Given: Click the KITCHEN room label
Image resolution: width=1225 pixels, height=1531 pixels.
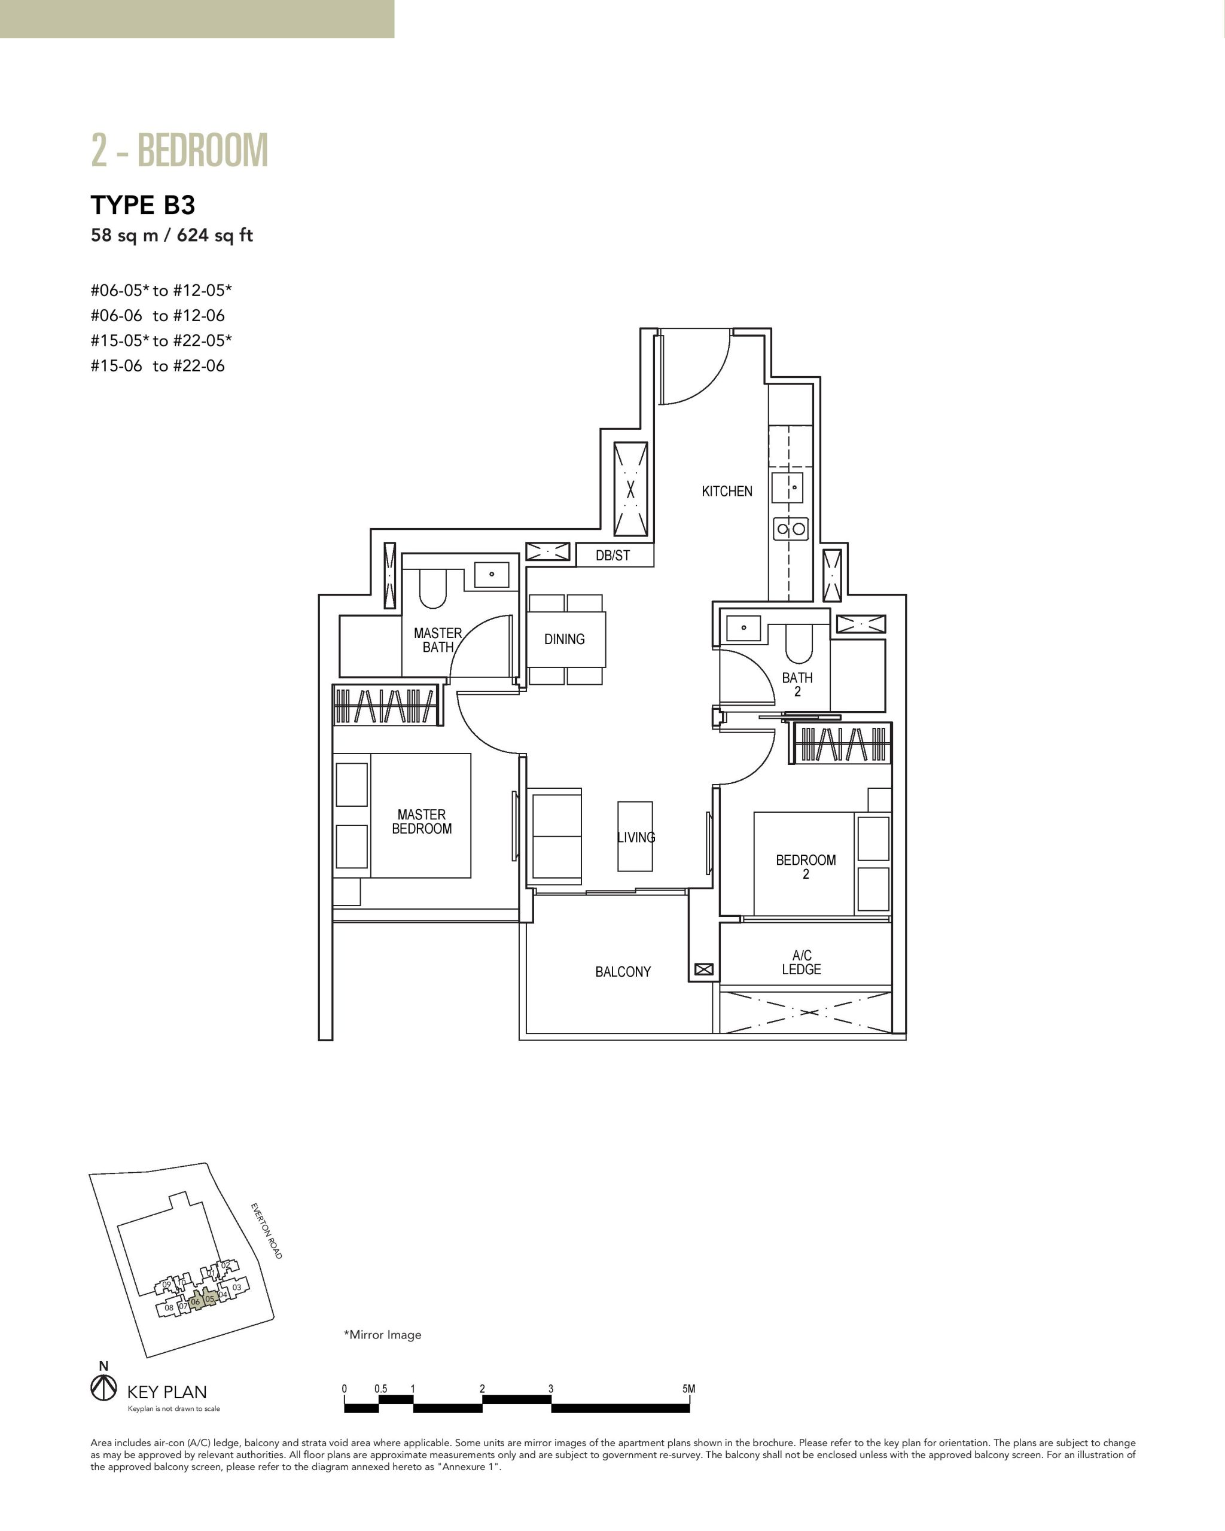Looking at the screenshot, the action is [x=727, y=492].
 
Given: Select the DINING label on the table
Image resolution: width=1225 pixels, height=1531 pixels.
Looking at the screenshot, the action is [x=565, y=639].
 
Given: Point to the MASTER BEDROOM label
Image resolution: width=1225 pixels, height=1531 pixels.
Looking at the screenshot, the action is [x=422, y=822].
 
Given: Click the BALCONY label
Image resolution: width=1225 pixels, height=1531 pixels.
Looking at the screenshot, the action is [x=623, y=971].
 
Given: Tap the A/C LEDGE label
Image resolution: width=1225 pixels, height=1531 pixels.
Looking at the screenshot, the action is [x=802, y=962].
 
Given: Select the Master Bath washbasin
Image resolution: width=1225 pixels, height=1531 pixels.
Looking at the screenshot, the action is [x=492, y=574].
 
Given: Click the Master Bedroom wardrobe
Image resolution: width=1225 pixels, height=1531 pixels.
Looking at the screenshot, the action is [x=385, y=705].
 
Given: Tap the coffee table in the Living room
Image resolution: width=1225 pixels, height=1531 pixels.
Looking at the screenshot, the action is [x=635, y=836].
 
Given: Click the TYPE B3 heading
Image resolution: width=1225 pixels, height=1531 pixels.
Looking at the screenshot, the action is [x=143, y=205].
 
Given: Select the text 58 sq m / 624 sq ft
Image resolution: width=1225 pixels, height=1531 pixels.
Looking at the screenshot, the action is [x=172, y=235].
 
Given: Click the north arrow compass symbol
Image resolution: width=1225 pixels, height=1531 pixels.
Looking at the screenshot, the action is [x=103, y=1387].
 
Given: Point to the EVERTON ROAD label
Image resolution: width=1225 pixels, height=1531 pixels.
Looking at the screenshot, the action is [x=266, y=1231].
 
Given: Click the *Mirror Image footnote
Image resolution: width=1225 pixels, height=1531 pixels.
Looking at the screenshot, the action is [x=383, y=1334].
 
